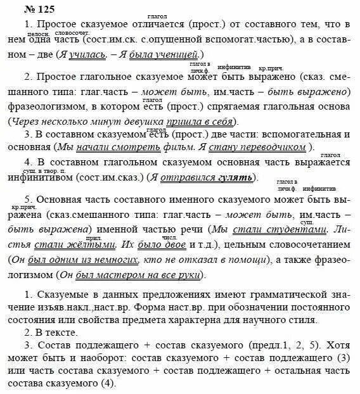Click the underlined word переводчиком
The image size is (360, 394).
pyautogui.click(x=267, y=148)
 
